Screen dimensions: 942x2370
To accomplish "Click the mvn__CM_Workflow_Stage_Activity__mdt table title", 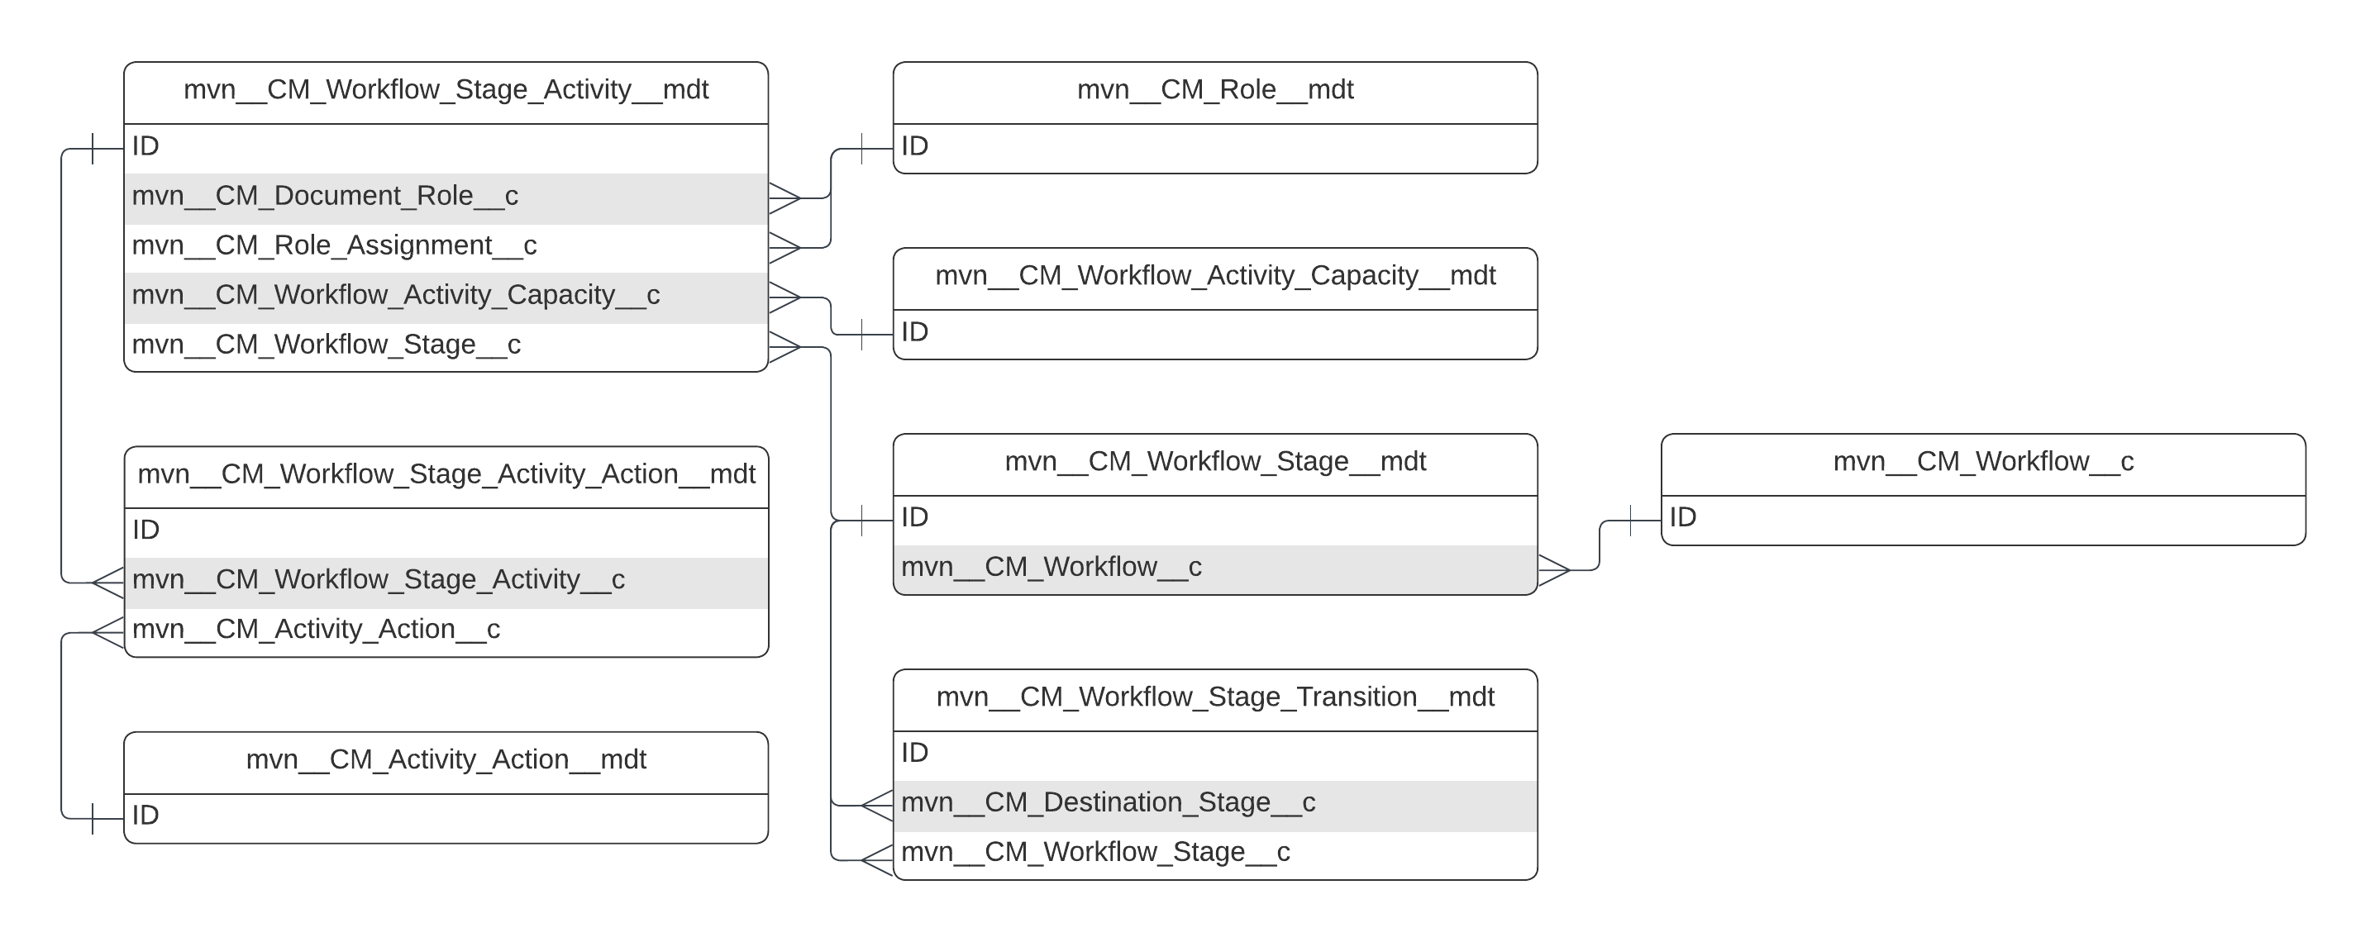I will point(446,90).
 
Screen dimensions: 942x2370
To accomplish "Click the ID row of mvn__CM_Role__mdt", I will point(1214,147).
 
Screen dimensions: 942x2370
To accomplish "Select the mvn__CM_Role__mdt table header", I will point(1214,90).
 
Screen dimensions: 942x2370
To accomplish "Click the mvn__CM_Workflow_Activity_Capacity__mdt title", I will point(1214,276).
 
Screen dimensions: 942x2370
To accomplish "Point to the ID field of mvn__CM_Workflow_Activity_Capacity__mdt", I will point(1214,333).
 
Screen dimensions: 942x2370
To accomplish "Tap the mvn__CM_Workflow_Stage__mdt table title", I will point(1214,462).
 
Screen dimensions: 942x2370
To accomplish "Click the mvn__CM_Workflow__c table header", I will point(1982,462).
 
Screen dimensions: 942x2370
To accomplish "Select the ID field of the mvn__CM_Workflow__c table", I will point(1982,518).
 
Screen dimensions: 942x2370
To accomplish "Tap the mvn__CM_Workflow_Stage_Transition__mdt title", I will point(1214,697).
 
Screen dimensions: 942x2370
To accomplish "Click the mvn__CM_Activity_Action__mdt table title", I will point(446,760).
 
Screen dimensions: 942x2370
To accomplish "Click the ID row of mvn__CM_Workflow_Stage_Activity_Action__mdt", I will point(446,530).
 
